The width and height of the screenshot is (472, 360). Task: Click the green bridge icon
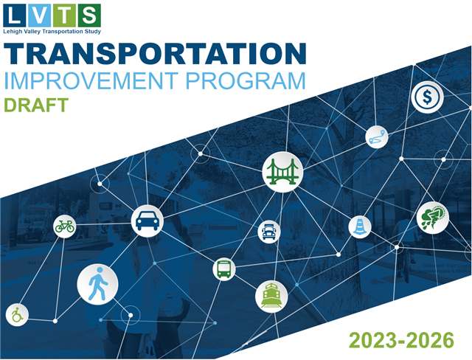pyautogui.click(x=282, y=172)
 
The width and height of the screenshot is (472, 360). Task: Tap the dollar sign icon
pyautogui.click(x=427, y=97)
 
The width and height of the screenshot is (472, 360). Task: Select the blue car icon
pyautogui.click(x=147, y=221)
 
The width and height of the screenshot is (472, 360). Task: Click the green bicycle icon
pyautogui.click(x=65, y=226)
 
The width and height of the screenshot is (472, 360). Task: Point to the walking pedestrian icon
pyautogui.click(x=97, y=284)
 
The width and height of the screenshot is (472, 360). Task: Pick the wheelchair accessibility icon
pyautogui.click(x=17, y=315)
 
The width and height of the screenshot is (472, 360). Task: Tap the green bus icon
pyautogui.click(x=224, y=269)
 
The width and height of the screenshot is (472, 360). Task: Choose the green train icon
pyautogui.click(x=271, y=297)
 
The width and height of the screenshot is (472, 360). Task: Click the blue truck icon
pyautogui.click(x=269, y=232)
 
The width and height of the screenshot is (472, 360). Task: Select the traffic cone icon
pyautogui.click(x=360, y=226)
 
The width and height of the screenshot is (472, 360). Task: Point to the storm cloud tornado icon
pyautogui.click(x=433, y=218)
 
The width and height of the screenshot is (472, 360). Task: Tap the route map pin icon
pyautogui.click(x=377, y=137)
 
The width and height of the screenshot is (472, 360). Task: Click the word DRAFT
pyautogui.click(x=36, y=105)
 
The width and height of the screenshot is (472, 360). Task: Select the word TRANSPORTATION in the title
pyautogui.click(x=155, y=54)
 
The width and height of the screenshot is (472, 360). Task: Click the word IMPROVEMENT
pyautogui.click(x=91, y=80)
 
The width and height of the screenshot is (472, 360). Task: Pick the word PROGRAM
pyautogui.click(x=246, y=80)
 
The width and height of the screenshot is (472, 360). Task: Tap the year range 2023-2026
pyautogui.click(x=401, y=340)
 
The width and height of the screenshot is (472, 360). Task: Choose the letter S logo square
pyautogui.click(x=89, y=15)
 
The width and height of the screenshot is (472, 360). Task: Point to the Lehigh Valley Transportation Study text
pyautogui.click(x=52, y=31)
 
